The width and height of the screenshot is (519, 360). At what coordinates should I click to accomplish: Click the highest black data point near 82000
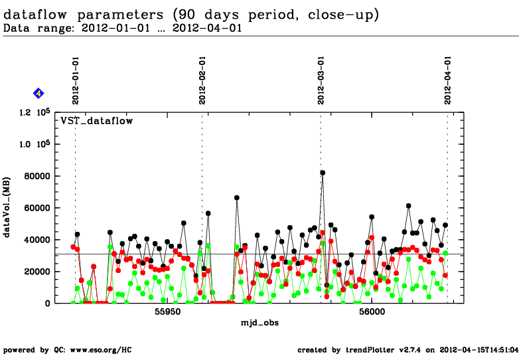pyautogui.click(x=323, y=173)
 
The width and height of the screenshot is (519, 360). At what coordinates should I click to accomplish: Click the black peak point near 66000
pyautogui.click(x=237, y=198)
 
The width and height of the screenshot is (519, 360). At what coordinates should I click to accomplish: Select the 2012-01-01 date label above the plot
pyautogui.click(x=76, y=80)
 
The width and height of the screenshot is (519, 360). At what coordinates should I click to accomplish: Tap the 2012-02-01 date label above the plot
pyautogui.click(x=202, y=80)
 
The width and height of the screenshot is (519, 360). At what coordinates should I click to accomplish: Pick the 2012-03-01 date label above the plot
pyautogui.click(x=321, y=80)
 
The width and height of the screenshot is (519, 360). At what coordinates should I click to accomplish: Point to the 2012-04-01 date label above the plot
pyautogui.click(x=448, y=80)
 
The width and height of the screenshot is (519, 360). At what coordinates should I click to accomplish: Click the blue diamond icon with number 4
pyautogui.click(x=38, y=93)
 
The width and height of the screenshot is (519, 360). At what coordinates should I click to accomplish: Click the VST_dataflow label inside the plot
pyautogui.click(x=97, y=121)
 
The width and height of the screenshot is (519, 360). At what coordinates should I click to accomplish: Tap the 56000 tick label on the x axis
pyautogui.click(x=370, y=312)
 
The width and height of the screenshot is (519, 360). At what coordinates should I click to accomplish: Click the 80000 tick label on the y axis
pyautogui.click(x=37, y=176)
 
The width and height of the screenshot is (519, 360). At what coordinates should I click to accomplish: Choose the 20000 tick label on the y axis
pyautogui.click(x=37, y=272)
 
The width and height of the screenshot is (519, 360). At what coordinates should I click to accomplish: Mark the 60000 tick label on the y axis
pyautogui.click(x=37, y=208)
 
